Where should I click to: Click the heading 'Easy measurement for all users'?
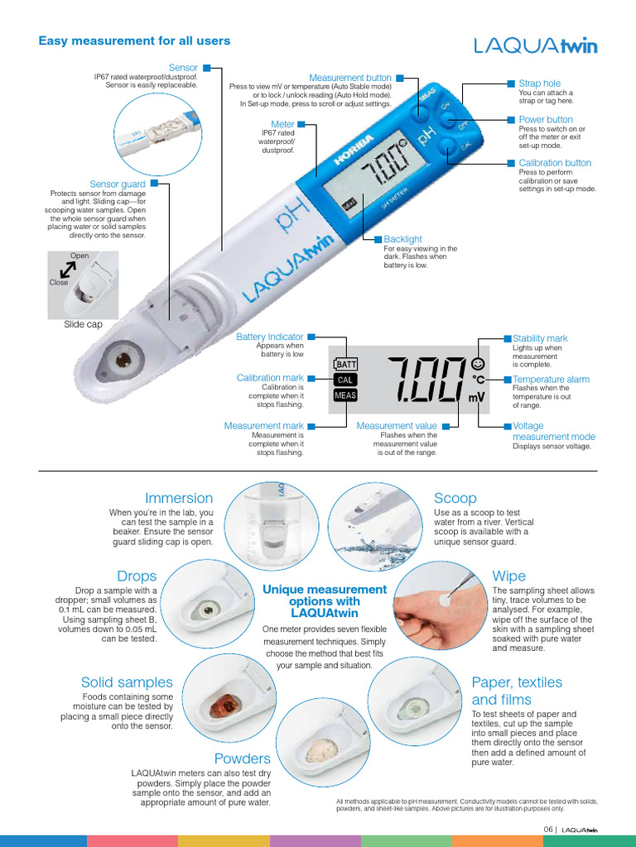(135, 41)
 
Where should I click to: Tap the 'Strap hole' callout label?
(539, 84)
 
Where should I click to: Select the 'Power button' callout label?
(545, 120)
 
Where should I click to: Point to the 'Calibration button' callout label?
(555, 163)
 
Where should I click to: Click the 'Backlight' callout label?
(402, 240)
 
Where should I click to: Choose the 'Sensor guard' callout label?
(118, 184)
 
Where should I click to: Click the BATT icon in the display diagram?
(344, 364)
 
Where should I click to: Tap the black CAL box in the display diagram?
(344, 380)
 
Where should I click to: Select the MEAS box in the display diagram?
(344, 395)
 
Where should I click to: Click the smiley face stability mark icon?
(478, 363)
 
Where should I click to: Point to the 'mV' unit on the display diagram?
(477, 398)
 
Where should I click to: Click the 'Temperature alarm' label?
(551, 379)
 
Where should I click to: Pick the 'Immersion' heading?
(179, 498)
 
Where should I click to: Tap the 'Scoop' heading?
(455, 498)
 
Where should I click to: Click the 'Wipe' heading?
(508, 576)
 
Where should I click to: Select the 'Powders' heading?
(242, 758)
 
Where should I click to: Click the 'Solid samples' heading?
(127, 682)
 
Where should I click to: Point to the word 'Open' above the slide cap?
(79, 256)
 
